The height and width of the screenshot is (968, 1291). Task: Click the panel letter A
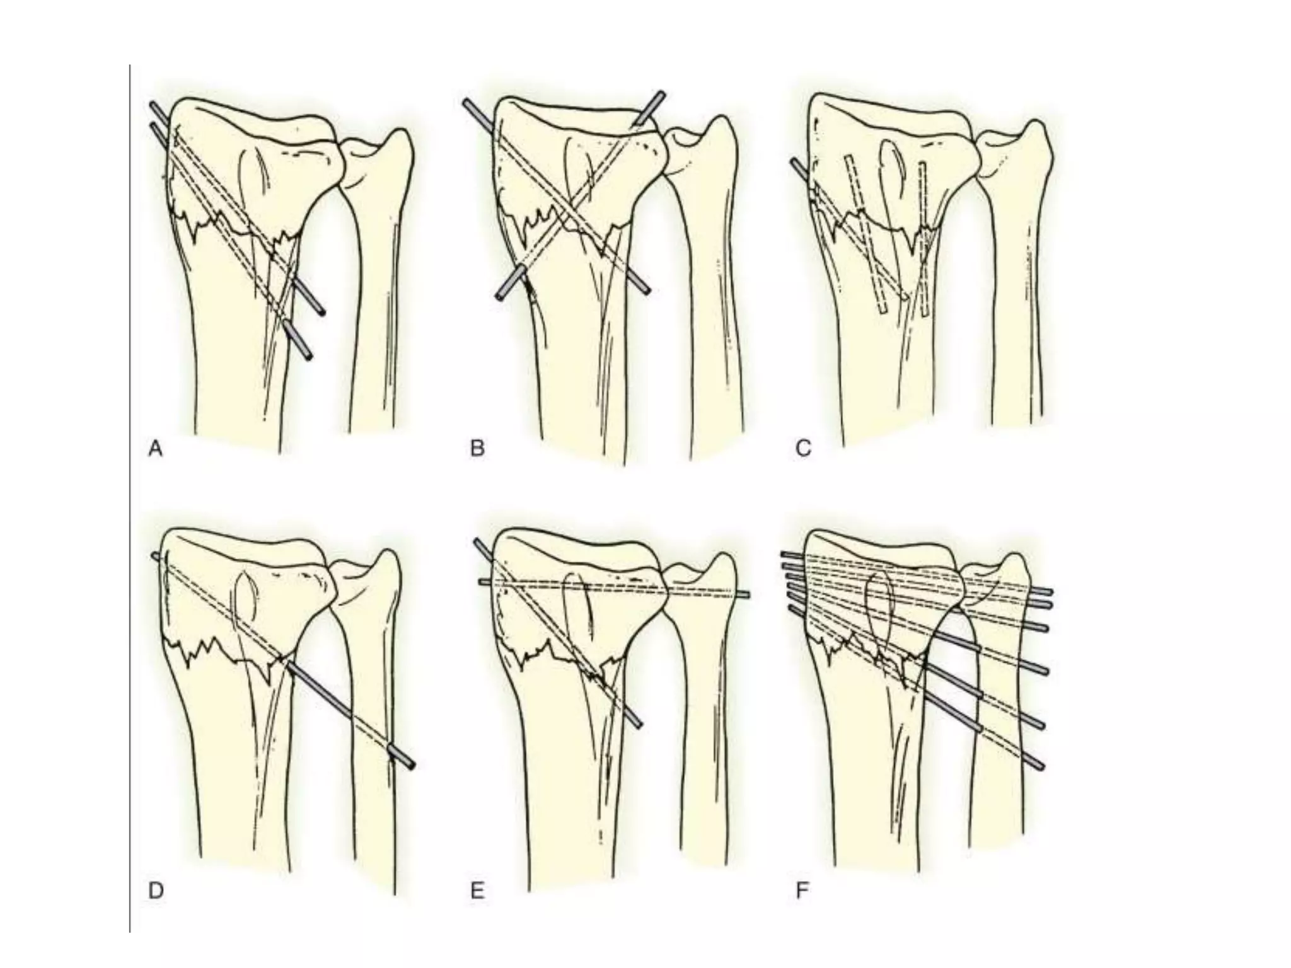pos(155,449)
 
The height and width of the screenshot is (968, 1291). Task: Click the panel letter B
pos(477,449)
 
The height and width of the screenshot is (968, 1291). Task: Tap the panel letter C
pos(803,449)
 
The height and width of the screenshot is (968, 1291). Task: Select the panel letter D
pos(155,891)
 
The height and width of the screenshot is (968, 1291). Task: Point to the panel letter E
pos(477,891)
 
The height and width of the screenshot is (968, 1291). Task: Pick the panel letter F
pos(802,891)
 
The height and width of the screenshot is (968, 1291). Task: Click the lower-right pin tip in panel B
pos(647,290)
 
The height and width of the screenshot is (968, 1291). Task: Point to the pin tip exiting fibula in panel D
pos(412,764)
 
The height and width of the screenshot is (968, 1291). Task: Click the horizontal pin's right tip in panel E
pos(747,594)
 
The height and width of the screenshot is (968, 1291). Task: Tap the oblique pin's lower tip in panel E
pos(639,725)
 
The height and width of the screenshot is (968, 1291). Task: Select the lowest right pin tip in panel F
pos(1041,766)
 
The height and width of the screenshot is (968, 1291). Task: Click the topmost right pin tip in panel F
pos(1049,592)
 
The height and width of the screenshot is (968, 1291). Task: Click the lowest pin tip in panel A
pos(308,357)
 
